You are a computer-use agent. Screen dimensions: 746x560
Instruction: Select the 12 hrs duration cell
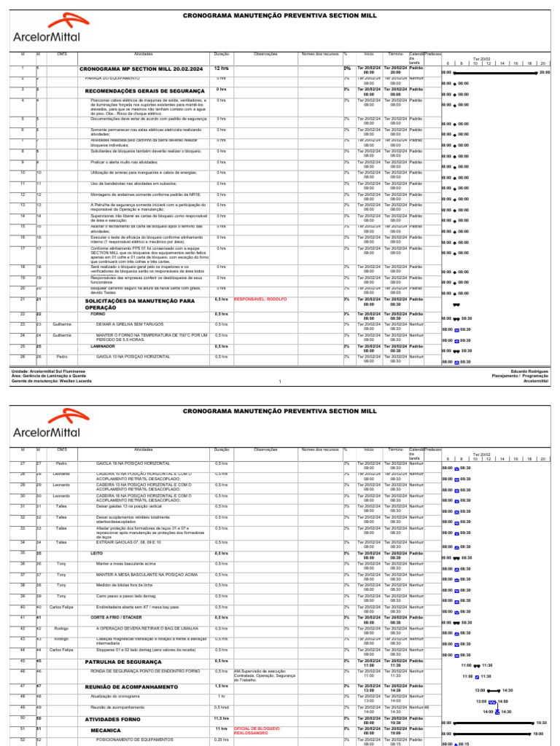click(x=221, y=69)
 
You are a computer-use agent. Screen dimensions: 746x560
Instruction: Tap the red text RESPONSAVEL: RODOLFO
click(x=260, y=299)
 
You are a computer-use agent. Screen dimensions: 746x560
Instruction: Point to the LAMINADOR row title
click(x=102, y=347)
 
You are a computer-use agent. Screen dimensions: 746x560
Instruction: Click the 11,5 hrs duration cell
click(x=221, y=718)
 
